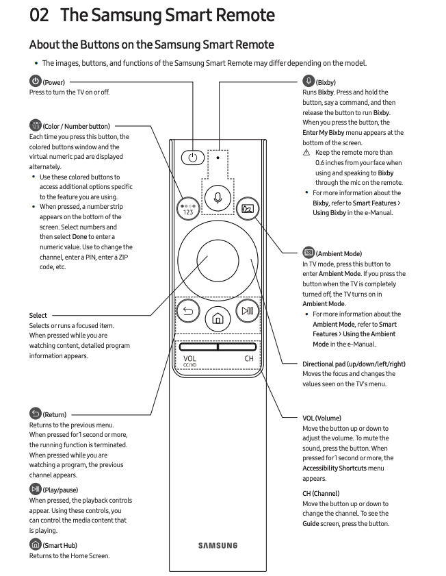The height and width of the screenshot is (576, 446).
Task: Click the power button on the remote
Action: click(x=193, y=158)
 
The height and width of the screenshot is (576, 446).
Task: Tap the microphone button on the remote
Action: click(x=218, y=198)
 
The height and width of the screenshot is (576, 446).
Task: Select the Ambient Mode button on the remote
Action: click(x=247, y=208)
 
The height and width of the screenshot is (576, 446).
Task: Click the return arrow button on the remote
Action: click(x=187, y=311)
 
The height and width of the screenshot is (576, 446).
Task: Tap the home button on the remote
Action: click(x=218, y=318)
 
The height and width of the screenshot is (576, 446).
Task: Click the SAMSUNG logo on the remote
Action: click(x=218, y=546)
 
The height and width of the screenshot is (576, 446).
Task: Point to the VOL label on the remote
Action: click(x=189, y=358)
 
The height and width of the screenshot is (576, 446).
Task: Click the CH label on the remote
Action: click(x=249, y=358)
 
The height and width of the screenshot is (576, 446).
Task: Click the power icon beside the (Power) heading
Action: click(x=35, y=82)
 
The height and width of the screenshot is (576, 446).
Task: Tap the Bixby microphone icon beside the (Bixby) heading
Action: click(x=308, y=82)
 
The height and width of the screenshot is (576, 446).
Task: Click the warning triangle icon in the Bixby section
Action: click(x=306, y=153)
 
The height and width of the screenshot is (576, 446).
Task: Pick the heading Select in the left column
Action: click(x=38, y=316)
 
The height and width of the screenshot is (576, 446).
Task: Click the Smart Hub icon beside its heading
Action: click(x=35, y=544)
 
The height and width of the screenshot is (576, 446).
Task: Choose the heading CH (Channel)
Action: click(x=321, y=493)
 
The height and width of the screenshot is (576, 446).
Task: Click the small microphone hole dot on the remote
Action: click(x=218, y=157)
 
